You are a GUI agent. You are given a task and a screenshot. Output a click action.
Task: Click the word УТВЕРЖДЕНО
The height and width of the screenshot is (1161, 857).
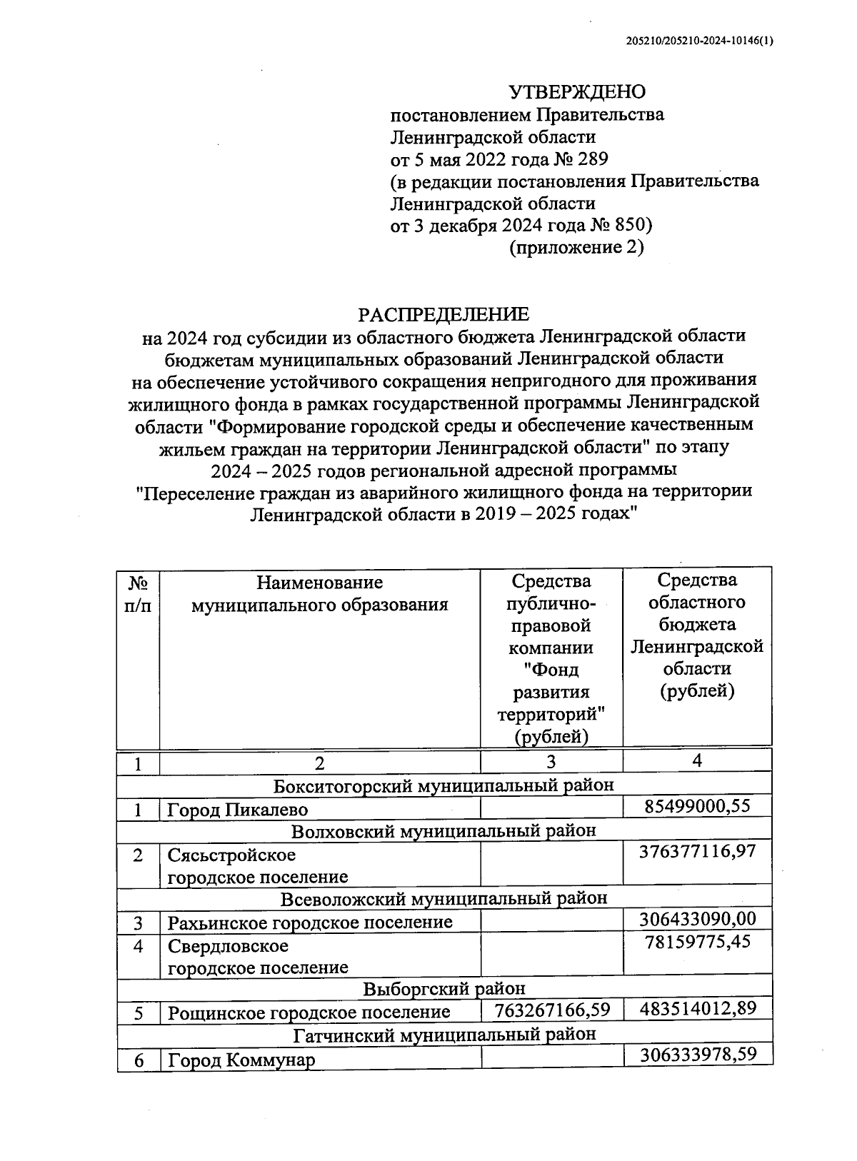(x=576, y=92)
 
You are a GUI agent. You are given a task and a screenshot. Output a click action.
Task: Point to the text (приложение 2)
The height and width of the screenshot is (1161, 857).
(x=576, y=248)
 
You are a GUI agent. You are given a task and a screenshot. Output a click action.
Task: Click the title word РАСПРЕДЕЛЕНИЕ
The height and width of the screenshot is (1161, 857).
(x=443, y=314)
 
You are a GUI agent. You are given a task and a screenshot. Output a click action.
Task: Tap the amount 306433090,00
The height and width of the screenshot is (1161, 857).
(x=697, y=918)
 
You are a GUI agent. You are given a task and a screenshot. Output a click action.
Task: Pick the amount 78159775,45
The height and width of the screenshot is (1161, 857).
(x=697, y=941)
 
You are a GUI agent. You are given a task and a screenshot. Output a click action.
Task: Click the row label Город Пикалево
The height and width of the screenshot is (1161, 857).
(x=238, y=810)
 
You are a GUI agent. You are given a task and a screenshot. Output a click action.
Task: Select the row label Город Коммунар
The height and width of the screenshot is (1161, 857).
(x=241, y=1060)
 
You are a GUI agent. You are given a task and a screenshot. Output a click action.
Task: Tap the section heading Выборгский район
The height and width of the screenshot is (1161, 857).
(x=443, y=988)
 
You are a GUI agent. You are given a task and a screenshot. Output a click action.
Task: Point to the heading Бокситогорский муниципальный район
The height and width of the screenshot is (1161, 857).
(x=443, y=785)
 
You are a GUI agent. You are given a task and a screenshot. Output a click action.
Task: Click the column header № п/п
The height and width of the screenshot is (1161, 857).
(x=138, y=594)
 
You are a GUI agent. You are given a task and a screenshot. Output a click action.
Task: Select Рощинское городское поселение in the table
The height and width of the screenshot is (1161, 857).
(x=309, y=1012)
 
